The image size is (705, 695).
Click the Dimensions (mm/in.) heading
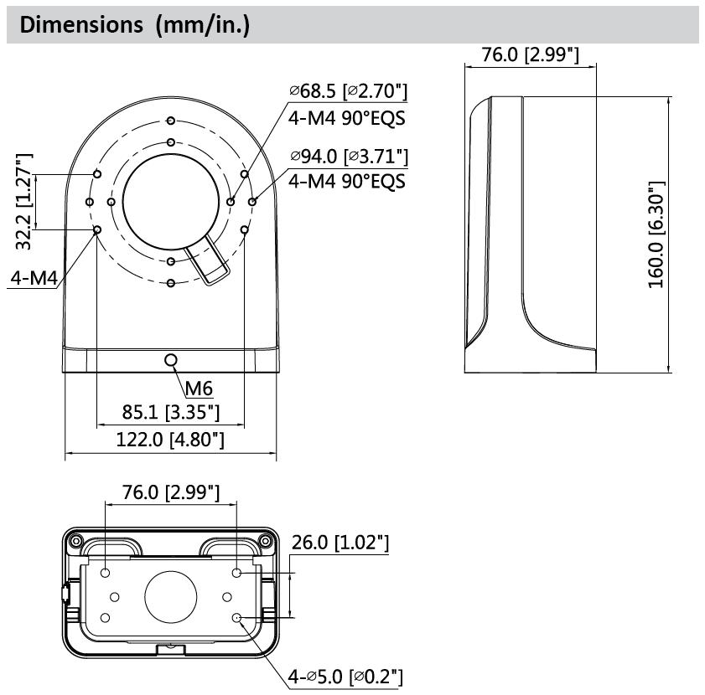coord(134,24)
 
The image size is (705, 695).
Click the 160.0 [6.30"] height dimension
coord(656,234)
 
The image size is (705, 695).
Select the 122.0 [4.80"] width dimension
coord(170,439)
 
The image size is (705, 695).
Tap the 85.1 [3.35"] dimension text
coord(171,412)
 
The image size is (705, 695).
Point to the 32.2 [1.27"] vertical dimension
coord(23,201)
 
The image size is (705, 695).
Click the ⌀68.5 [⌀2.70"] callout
coord(349,91)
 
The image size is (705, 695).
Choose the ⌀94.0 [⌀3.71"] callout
coord(349,157)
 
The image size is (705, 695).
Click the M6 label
coord(199,389)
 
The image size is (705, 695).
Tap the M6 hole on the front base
coord(171,360)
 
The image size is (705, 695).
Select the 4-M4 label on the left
coord(34,278)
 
